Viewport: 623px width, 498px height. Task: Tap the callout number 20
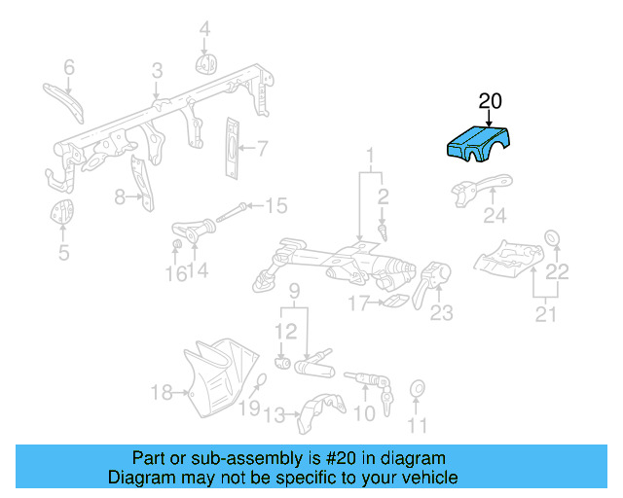pyautogui.click(x=490, y=100)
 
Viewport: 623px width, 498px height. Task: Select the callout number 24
pyautogui.click(x=495, y=216)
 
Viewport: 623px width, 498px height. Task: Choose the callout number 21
pyautogui.click(x=545, y=314)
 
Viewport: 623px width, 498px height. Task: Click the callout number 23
pyautogui.click(x=442, y=313)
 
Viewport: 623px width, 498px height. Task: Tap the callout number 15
pyautogui.click(x=276, y=205)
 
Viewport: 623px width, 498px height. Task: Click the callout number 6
pyautogui.click(x=69, y=67)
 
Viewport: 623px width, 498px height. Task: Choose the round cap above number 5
pyautogui.click(x=61, y=212)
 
